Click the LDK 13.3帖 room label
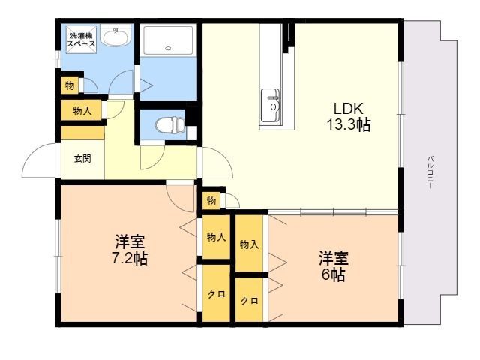pos(349,117)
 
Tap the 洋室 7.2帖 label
pos(130,250)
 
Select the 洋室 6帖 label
pos(334,266)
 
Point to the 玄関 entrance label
pos(82,159)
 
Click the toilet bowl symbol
pos(170,125)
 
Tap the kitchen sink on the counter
pos(270,105)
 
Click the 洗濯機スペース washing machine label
pos(81,40)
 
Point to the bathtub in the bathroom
pos(168,40)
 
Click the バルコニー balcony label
pos(430,172)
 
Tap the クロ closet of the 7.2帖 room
pos(217,294)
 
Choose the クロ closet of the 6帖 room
pos(249,300)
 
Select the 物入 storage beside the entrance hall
pos(82,110)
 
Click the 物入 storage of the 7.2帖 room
pos(217,237)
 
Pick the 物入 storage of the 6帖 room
pos(249,244)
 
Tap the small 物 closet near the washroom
pos(70,85)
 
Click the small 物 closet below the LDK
pos(211,201)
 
